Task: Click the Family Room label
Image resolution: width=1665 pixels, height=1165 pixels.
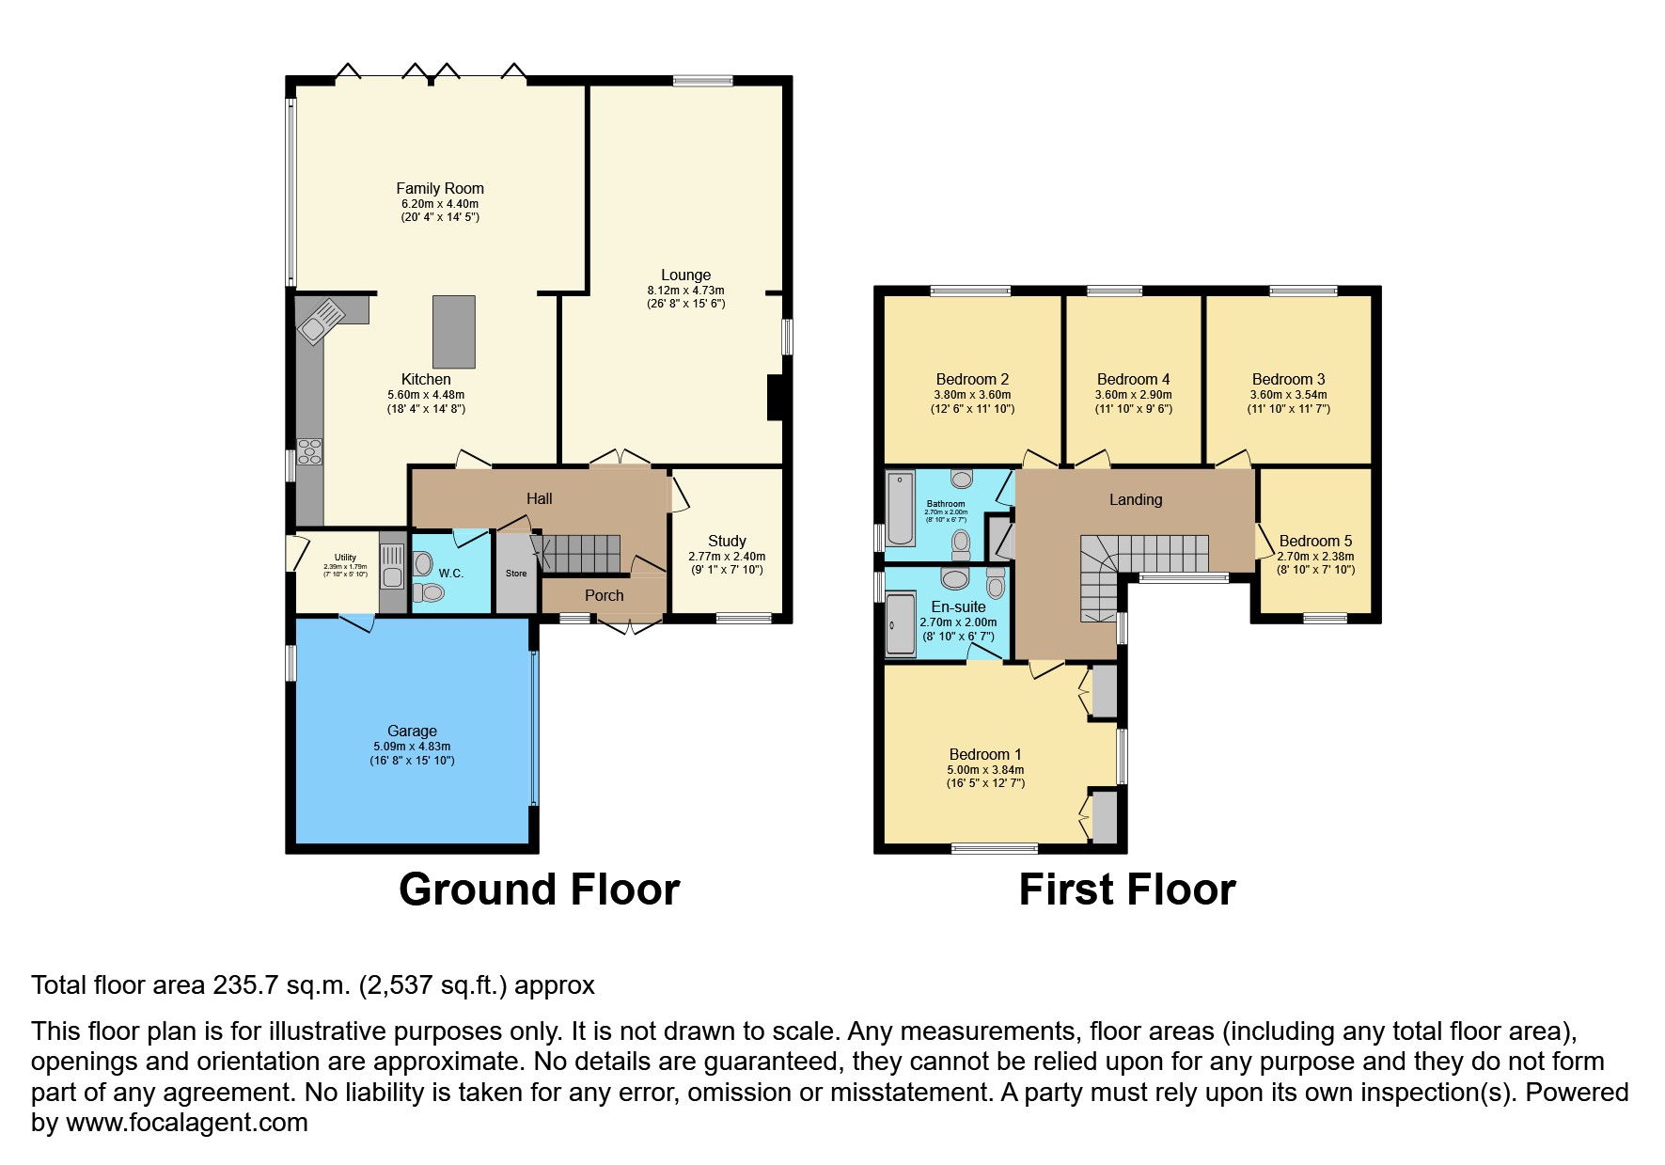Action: point(439,188)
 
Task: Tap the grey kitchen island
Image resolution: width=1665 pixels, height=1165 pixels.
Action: point(453,332)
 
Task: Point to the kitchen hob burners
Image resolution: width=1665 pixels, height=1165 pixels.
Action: point(309,451)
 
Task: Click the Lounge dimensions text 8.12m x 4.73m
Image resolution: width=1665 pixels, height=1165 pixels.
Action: point(685,291)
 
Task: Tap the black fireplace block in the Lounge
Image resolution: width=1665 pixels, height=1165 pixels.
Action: point(775,397)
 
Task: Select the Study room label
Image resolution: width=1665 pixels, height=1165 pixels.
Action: point(727,541)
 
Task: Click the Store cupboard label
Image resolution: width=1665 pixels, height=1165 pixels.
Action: point(516,573)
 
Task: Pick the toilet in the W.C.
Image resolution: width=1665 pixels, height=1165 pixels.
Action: point(430,592)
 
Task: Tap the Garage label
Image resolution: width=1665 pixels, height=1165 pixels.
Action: point(412,731)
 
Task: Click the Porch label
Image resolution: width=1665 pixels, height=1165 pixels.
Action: point(604,595)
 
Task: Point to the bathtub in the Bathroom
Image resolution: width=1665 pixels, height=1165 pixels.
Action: point(900,509)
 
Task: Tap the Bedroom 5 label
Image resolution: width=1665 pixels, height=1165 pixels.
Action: point(1315,541)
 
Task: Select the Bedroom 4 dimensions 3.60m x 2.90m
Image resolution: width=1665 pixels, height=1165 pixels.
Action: point(1133,395)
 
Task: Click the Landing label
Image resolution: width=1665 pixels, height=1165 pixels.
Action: point(1135,499)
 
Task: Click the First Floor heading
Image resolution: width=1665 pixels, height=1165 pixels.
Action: point(1126,889)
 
